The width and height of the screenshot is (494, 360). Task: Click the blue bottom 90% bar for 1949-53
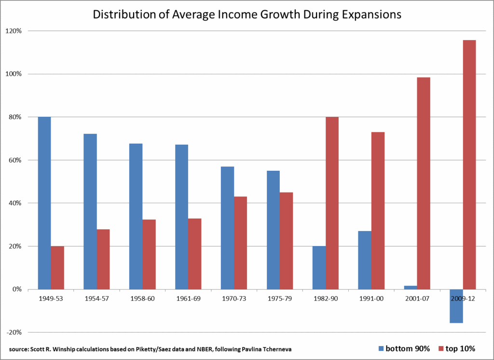click(x=44, y=203)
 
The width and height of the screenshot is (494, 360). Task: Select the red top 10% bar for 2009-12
click(x=469, y=165)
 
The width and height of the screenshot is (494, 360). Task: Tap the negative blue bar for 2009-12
click(x=456, y=306)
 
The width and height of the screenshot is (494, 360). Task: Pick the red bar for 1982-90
click(x=332, y=203)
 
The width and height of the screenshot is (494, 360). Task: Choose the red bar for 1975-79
click(x=286, y=241)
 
